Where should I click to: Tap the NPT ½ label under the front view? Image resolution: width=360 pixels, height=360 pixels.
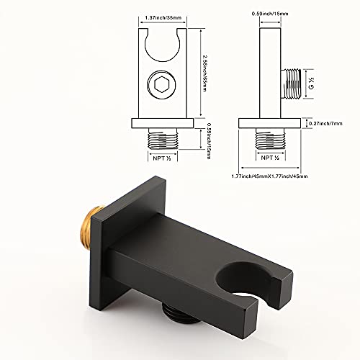click(162, 158)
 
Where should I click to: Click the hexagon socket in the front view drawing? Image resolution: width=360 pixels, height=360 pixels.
click(162, 86)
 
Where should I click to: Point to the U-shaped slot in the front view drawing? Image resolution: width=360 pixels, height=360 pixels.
click(162, 47)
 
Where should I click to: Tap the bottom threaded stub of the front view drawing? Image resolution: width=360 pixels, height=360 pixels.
click(162, 137)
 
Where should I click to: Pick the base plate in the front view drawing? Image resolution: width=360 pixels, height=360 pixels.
click(162, 123)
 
